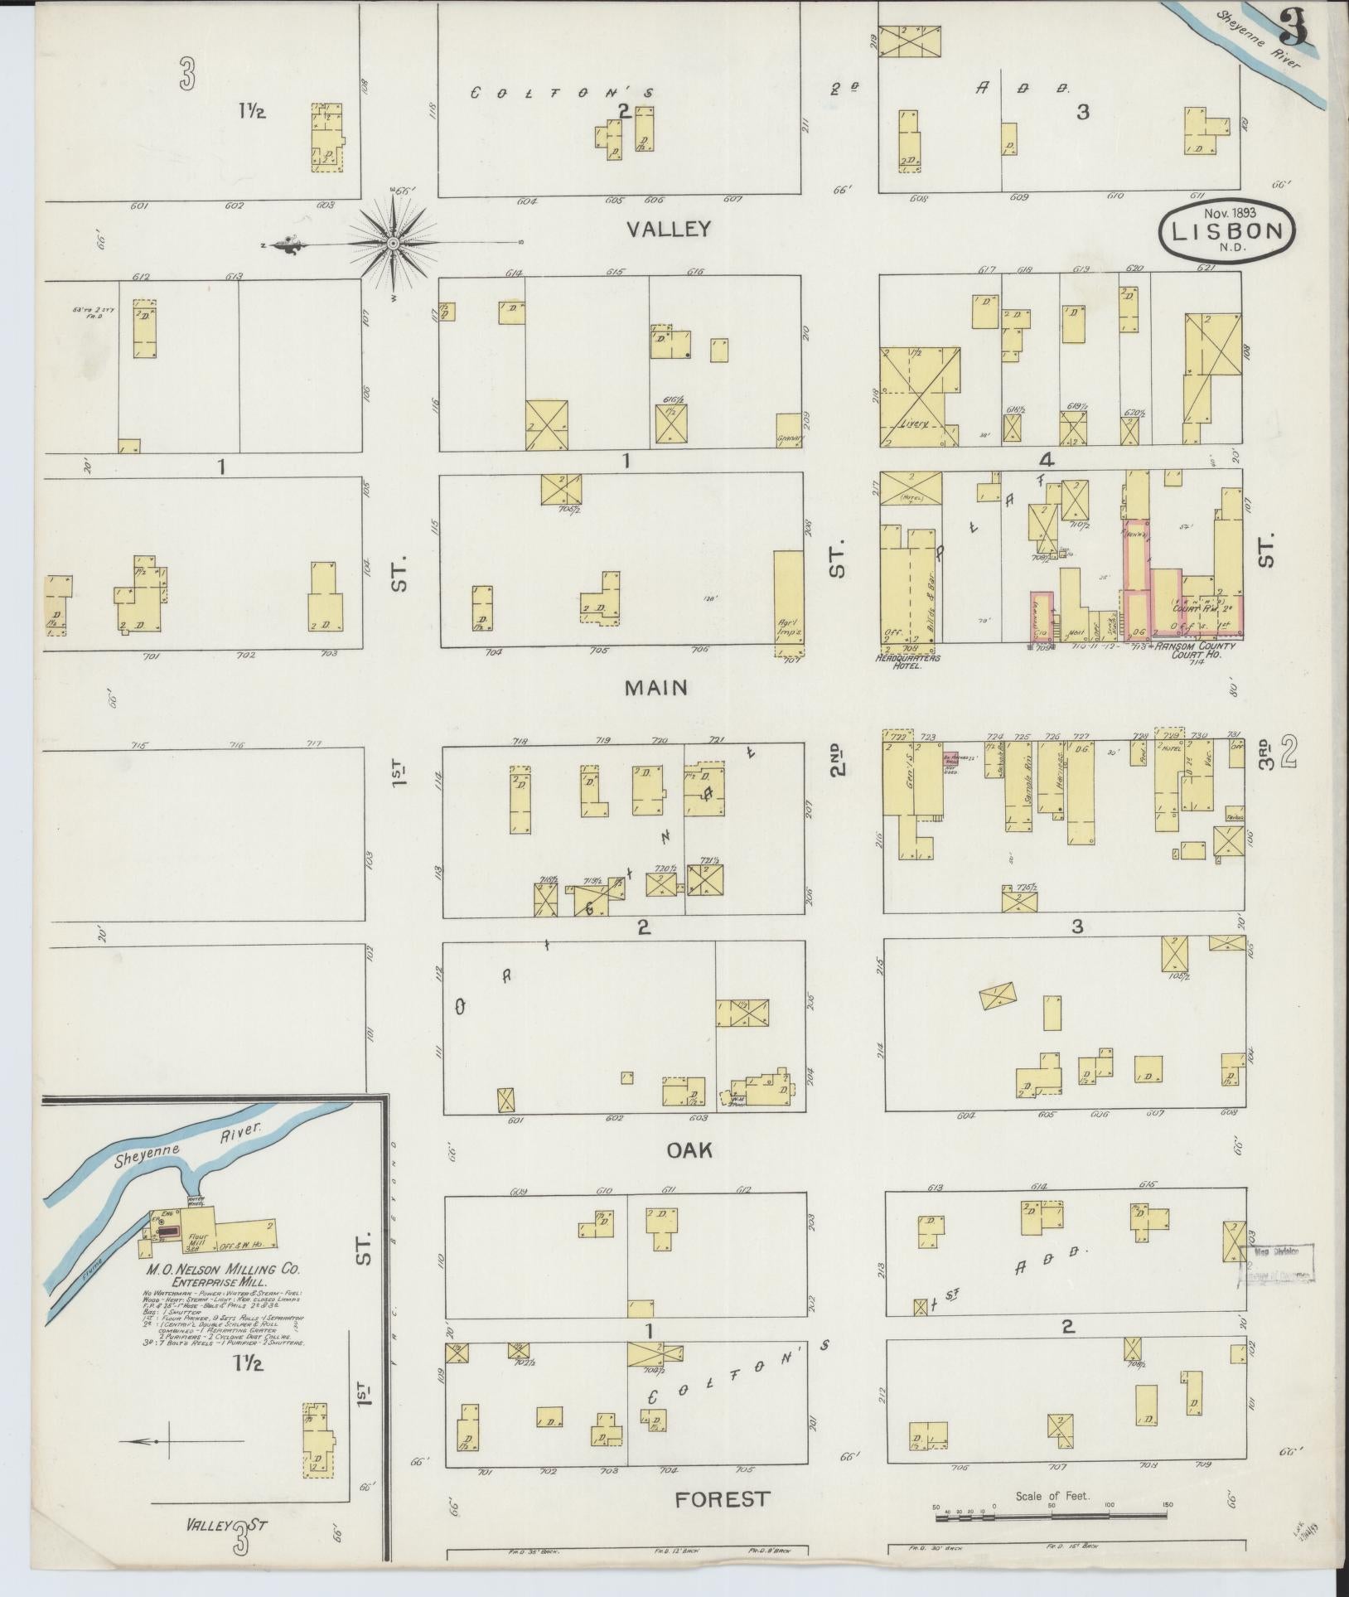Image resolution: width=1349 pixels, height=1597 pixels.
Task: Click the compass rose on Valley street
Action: [x=393, y=243]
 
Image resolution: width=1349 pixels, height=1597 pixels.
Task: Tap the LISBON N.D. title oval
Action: [x=1226, y=233]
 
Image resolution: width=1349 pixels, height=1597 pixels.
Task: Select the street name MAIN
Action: [x=656, y=687]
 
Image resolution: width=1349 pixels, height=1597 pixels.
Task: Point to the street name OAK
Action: [x=689, y=1149]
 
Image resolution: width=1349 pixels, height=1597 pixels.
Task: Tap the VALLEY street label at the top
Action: [x=669, y=228]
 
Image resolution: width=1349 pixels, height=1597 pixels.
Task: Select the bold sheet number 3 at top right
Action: [x=1293, y=33]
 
